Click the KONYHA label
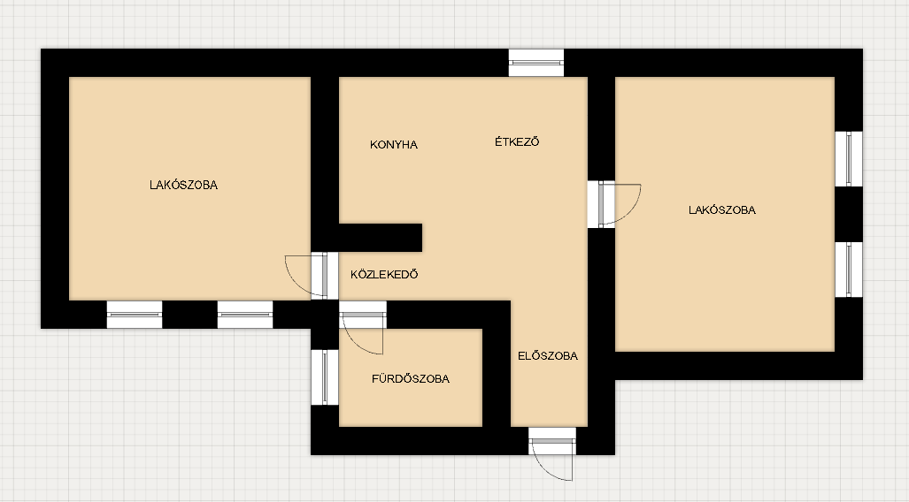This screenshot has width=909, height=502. coord(394,145)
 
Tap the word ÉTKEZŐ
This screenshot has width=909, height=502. coord(517,142)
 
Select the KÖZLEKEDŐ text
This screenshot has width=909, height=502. coord(384,275)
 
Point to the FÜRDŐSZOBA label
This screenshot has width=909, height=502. coord(411,378)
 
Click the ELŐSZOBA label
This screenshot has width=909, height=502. coord(548,356)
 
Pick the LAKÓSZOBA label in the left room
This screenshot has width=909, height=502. coord(184,186)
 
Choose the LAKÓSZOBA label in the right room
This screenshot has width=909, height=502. coord(722,210)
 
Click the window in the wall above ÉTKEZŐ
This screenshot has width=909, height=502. coord(536,63)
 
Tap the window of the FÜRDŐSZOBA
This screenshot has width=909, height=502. coord(325,377)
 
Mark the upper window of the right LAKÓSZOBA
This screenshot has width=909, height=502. coord(849,159)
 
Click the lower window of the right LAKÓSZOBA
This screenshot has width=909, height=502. coord(849,270)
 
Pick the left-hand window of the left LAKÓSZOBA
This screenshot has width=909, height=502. coord(135,315)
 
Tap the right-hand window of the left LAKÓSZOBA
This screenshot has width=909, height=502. coord(245,315)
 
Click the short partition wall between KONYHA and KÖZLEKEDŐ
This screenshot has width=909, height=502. coord(381,238)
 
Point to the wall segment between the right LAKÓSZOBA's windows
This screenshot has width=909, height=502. coord(849,214)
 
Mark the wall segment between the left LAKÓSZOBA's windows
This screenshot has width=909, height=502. coord(190,315)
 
